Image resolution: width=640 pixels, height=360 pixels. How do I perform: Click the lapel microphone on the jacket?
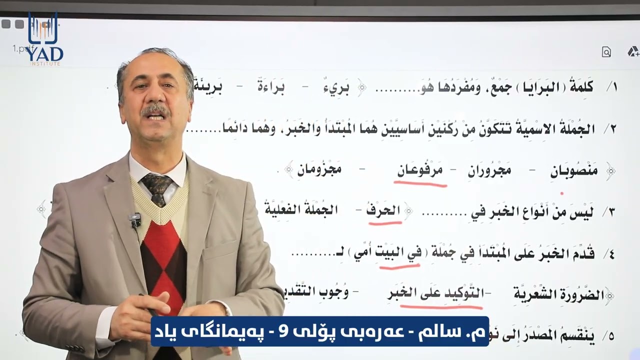(134, 219)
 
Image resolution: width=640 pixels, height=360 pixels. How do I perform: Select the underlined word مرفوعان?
(420, 171)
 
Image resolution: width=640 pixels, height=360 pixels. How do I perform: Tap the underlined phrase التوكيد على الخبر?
(436, 293)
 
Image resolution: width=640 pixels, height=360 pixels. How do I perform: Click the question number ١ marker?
(611, 87)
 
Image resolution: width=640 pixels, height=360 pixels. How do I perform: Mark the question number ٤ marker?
(610, 254)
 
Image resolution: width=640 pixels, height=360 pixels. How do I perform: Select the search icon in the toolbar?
(606, 52)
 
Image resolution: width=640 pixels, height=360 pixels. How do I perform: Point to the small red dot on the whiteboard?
(562, 192)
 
